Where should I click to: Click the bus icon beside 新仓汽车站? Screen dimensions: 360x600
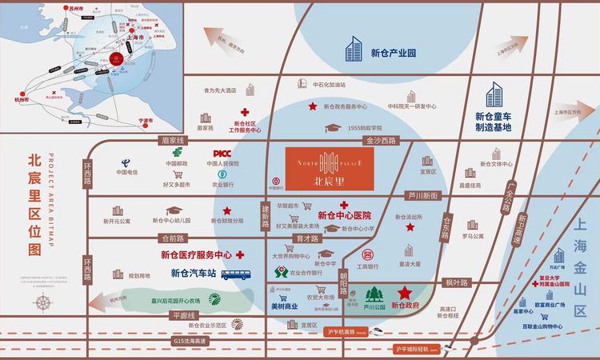[x=234, y=274]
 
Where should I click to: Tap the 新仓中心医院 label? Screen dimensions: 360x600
[x=345, y=215]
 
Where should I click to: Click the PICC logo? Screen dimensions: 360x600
[x=221, y=154]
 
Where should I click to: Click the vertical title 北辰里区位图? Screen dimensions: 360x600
[x=33, y=204]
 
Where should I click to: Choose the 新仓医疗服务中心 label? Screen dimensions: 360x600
[x=196, y=255]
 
